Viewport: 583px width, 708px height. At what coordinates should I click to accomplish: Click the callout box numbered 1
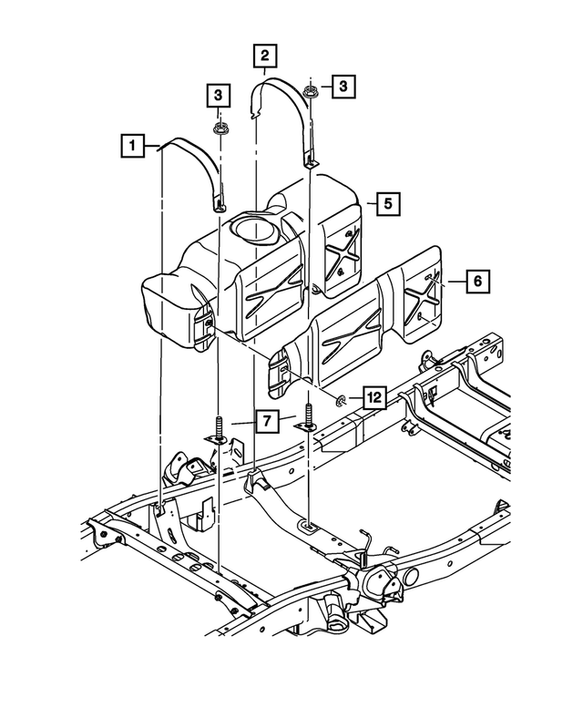coord(132,145)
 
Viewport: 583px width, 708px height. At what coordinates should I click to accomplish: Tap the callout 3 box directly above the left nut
coord(218,94)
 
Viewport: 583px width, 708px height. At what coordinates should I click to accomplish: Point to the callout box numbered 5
coord(387,205)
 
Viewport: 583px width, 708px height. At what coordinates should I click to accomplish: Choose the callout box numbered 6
coord(475,282)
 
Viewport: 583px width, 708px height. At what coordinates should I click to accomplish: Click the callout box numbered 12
coord(373,397)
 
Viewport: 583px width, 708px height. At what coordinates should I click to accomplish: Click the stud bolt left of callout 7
coord(220,428)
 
